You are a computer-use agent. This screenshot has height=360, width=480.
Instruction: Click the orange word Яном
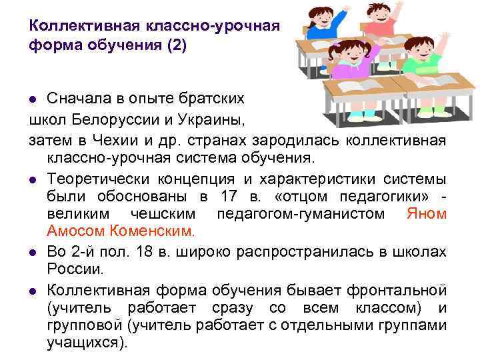point(427,214)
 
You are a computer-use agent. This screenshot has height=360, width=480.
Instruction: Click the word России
point(75,270)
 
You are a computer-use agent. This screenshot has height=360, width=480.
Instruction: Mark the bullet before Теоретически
point(33,180)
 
